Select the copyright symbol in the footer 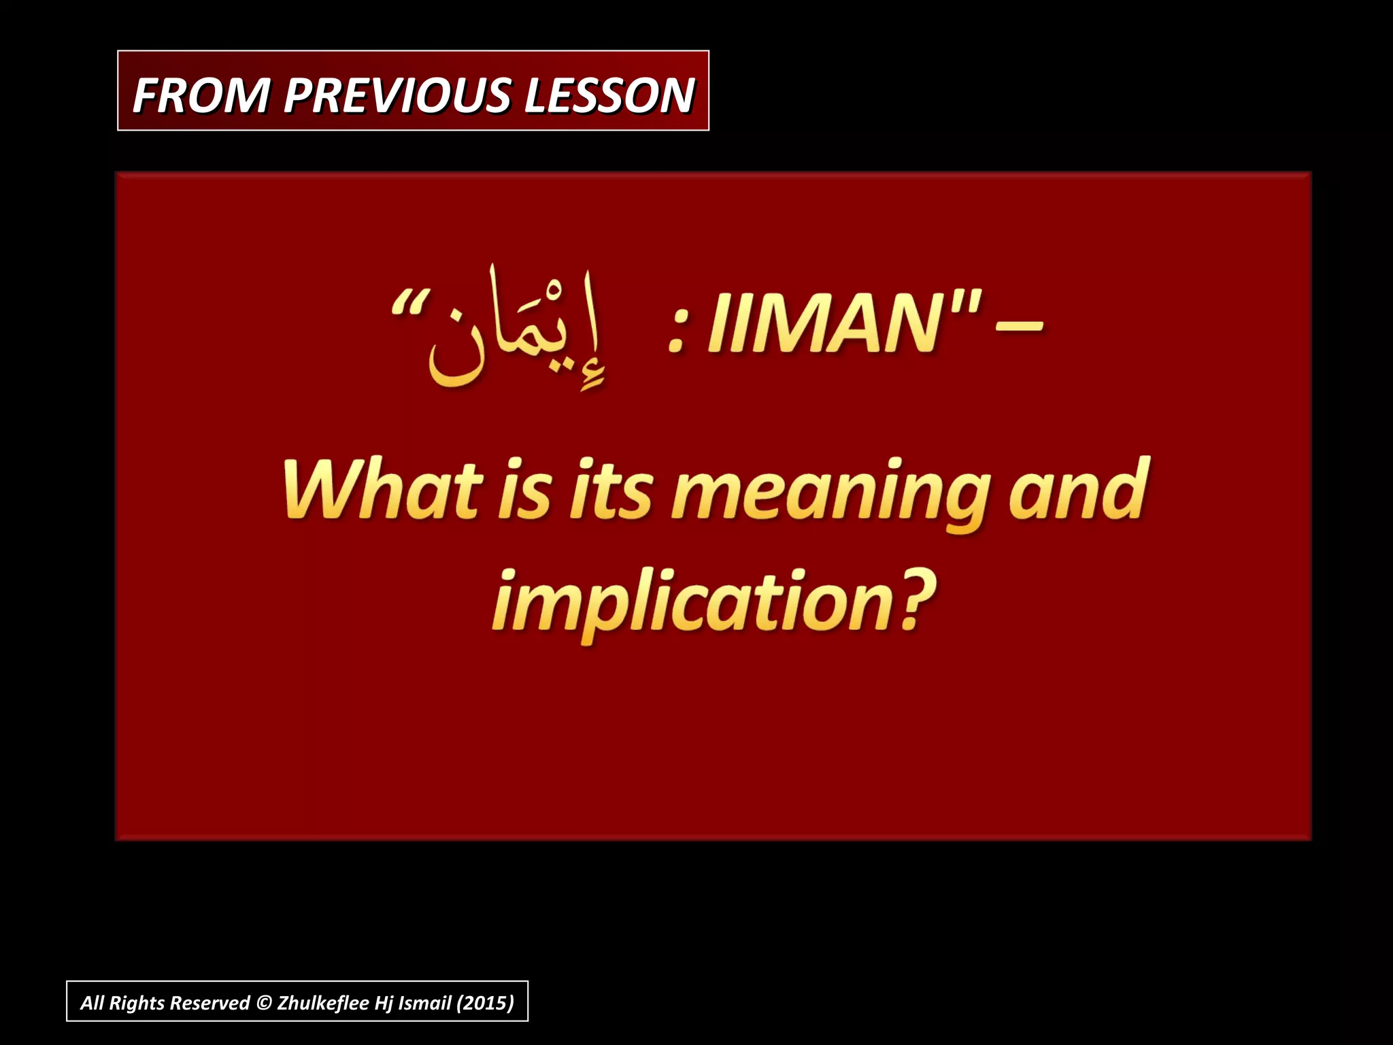point(263,1003)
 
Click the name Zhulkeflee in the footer point(322,1003)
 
